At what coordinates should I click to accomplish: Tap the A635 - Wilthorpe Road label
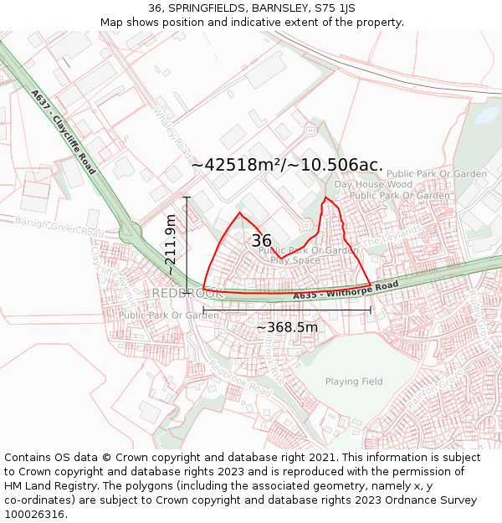pyautogui.click(x=346, y=290)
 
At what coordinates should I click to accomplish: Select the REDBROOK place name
pyautogui.click(x=187, y=294)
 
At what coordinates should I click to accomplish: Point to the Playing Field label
pyautogui.click(x=354, y=382)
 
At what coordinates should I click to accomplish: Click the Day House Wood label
pyautogui.click(x=373, y=184)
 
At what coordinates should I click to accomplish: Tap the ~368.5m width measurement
pyautogui.click(x=287, y=327)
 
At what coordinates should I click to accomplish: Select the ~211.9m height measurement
pyautogui.click(x=171, y=245)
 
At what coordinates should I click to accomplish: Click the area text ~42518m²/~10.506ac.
pyautogui.click(x=287, y=165)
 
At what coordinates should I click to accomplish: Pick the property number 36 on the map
pyautogui.click(x=261, y=241)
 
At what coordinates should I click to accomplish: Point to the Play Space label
pyautogui.click(x=295, y=260)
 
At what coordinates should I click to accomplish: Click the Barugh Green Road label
pyautogui.click(x=59, y=227)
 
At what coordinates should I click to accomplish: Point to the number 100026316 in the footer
pyautogui.click(x=35, y=515)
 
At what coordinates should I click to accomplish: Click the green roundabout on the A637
pyautogui.click(x=130, y=230)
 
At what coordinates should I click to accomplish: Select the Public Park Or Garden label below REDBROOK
pyautogui.click(x=168, y=315)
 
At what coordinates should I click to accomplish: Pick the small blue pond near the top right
pyautogui.click(x=486, y=115)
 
